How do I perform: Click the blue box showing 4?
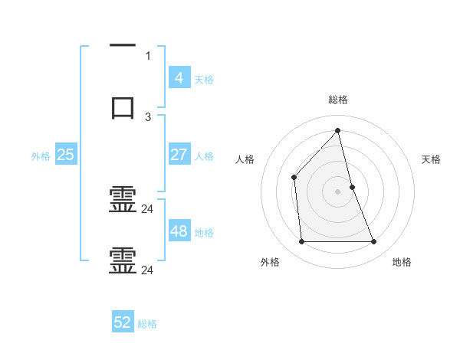[179, 77]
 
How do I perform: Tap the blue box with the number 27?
[179, 154]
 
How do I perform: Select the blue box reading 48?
[179, 231]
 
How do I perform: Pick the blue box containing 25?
[65, 154]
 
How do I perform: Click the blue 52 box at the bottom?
[123, 322]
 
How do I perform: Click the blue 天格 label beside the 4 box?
[204, 80]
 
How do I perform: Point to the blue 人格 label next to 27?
[204, 156]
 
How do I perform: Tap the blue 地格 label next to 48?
[204, 233]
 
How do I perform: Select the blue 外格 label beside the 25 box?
[41, 156]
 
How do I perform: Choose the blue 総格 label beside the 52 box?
[147, 325]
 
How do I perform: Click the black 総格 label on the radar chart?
[338, 100]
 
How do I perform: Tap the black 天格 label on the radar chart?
[432, 159]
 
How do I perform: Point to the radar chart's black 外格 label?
[270, 262]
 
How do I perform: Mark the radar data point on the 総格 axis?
[338, 130]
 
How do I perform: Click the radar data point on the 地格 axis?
[374, 242]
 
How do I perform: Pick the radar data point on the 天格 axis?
[352, 187]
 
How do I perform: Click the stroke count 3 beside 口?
[148, 116]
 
